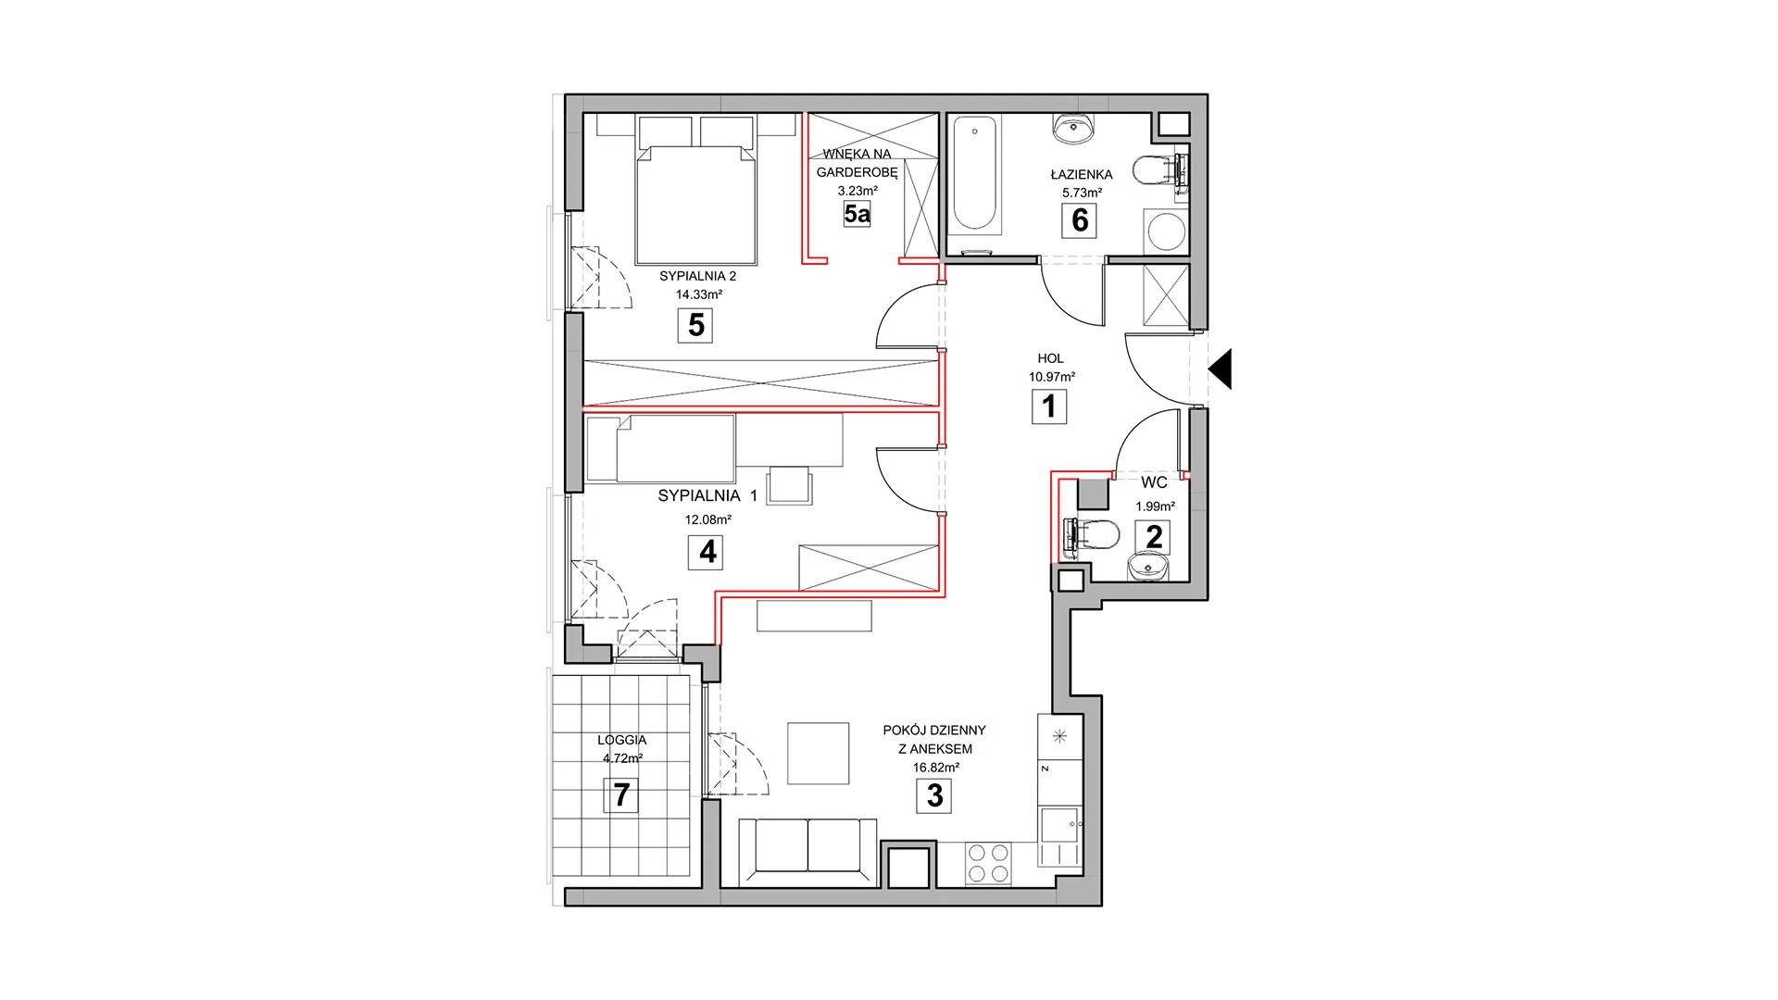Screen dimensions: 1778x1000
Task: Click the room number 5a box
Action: (x=858, y=216)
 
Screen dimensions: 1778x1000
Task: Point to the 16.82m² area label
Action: (x=935, y=767)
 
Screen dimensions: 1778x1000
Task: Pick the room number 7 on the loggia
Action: (x=620, y=794)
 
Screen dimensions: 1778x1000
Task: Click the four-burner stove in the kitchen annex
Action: (x=988, y=862)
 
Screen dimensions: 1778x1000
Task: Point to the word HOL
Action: (x=1050, y=358)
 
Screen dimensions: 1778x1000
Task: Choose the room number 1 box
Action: (x=1049, y=406)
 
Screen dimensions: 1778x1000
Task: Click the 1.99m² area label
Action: (x=1155, y=506)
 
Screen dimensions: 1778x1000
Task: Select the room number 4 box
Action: (x=707, y=552)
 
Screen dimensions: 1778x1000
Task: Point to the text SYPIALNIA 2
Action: (x=697, y=276)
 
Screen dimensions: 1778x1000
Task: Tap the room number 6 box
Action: (x=1079, y=220)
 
